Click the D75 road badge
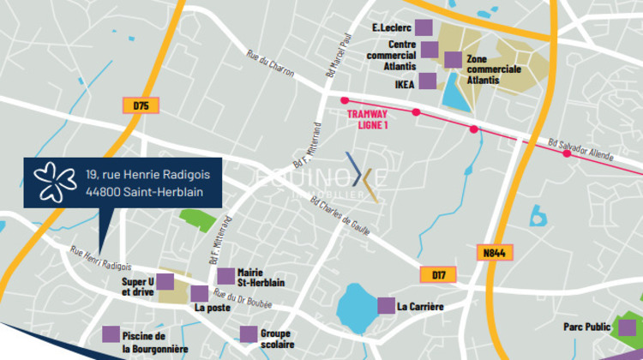tap(141, 105)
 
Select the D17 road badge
tap(438, 275)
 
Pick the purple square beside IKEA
tap(427, 81)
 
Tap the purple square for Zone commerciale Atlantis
tap(452, 59)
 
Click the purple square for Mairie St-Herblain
tap(225, 276)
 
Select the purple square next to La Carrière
tap(385, 305)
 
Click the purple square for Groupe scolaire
tap(248, 334)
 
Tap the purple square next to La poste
tap(199, 294)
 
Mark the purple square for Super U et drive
tap(167, 279)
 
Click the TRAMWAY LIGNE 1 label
tap(367, 118)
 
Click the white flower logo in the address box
tap(54, 182)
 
